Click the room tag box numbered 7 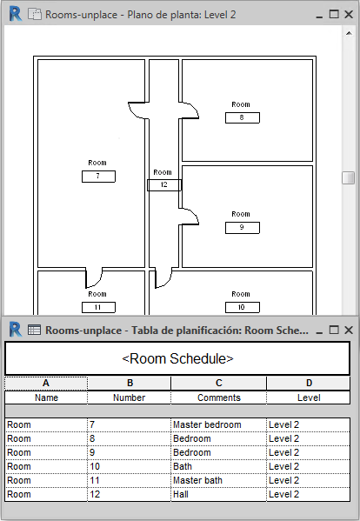coord(98,177)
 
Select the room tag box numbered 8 coord(243,118)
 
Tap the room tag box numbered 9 coord(243,228)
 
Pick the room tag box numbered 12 coord(164,185)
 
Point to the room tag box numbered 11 coord(98,307)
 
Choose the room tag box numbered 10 coord(243,307)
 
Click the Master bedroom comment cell coord(218,424)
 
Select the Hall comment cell coord(218,494)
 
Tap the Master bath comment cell coord(218,480)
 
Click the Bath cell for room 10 coord(218,466)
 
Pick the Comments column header coord(218,397)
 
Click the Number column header coord(130,397)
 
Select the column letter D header coord(309,383)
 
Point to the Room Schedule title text coord(177,359)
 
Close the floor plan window coord(349,14)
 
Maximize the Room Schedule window coord(334,330)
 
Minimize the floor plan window coord(319,16)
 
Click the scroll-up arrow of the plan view coord(349,33)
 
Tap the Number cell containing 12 coord(130,494)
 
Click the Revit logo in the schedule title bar coord(16,330)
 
